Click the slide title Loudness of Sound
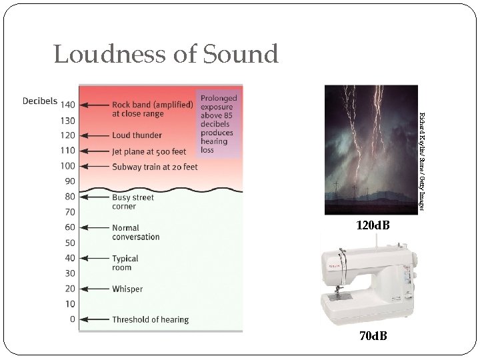(165, 54)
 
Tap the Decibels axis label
(40, 101)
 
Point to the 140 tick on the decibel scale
(67, 105)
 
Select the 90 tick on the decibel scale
(69, 181)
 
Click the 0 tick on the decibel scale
(73, 319)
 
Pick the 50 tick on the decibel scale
(70, 243)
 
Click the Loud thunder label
(137, 135)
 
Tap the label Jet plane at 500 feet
(149, 151)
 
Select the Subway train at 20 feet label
(155, 167)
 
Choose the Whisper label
(127, 289)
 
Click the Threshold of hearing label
(150, 320)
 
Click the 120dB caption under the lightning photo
(373, 226)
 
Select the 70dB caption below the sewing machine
(373, 336)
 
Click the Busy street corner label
(133, 202)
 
